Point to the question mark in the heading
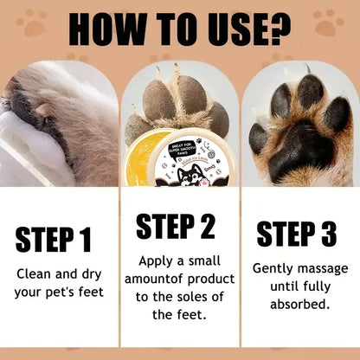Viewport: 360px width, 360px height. (x=280, y=29)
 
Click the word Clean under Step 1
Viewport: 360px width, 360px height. (x=35, y=273)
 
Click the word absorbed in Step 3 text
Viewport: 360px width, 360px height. (x=299, y=305)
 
